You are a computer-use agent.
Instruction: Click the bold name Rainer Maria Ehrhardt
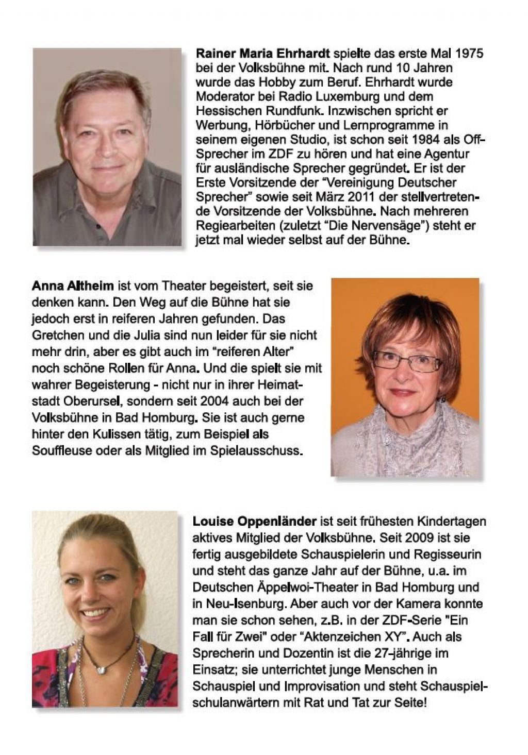(262, 53)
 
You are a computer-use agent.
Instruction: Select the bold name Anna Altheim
(73, 286)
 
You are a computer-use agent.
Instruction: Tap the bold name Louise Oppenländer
(254, 521)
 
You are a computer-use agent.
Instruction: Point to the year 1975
(469, 53)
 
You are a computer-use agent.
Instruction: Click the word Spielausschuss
(256, 450)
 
